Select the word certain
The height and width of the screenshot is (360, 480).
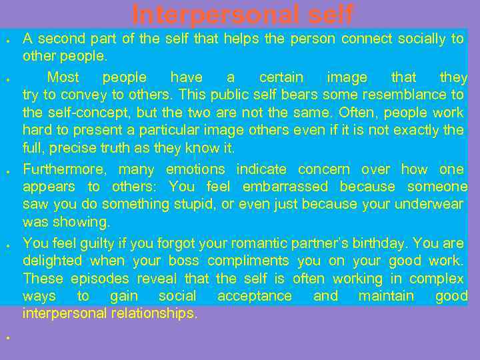281,77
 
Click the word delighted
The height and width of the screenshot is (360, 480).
52,261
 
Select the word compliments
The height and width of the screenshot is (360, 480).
248,261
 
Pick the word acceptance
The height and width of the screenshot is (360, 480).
255,296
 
